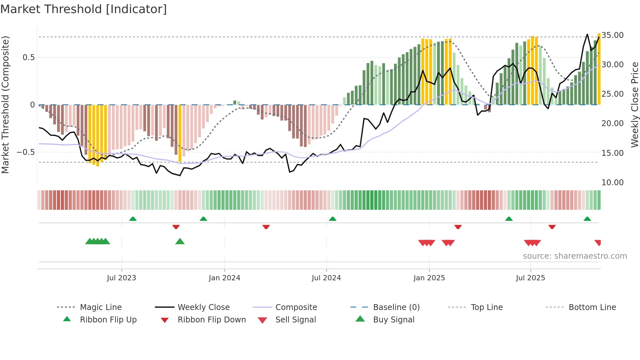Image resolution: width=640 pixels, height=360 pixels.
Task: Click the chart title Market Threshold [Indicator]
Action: [84, 9]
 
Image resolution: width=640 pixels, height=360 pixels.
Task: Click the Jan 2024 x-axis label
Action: [224, 278]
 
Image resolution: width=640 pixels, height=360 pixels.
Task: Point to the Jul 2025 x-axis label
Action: [530, 278]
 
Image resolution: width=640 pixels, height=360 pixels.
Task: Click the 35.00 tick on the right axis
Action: [613, 35]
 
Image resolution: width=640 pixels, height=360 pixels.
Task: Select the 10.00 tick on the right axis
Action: [613, 183]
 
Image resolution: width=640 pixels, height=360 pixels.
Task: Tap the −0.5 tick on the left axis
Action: [26, 152]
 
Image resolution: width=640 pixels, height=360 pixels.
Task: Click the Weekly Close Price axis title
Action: [634, 105]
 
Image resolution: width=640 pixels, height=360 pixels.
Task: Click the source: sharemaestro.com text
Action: [575, 256]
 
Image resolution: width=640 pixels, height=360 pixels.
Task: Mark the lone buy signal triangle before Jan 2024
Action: [180, 242]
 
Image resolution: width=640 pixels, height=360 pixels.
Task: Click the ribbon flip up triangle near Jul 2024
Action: [332, 219]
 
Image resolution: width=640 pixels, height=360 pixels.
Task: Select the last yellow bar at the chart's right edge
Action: [599, 69]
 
